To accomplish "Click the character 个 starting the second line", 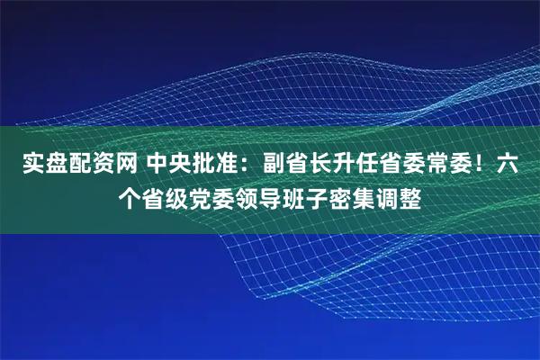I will (132, 195).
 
